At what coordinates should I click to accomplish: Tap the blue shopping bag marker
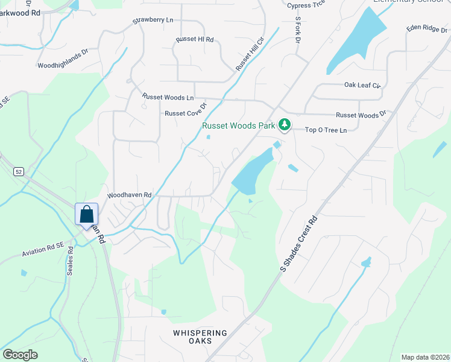click(86, 215)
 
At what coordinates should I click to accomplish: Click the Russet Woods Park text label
click(238, 126)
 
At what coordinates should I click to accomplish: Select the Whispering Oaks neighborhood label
click(200, 337)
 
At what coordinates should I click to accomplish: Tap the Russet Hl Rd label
click(195, 39)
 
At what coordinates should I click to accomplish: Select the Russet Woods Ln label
click(168, 97)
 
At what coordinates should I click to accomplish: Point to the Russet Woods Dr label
click(360, 114)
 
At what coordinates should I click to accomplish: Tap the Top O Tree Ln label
click(326, 130)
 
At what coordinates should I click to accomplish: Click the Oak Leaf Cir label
click(363, 86)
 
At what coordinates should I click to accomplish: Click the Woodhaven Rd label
click(129, 195)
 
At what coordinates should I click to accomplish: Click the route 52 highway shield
click(19, 172)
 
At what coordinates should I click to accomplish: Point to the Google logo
click(20, 355)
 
